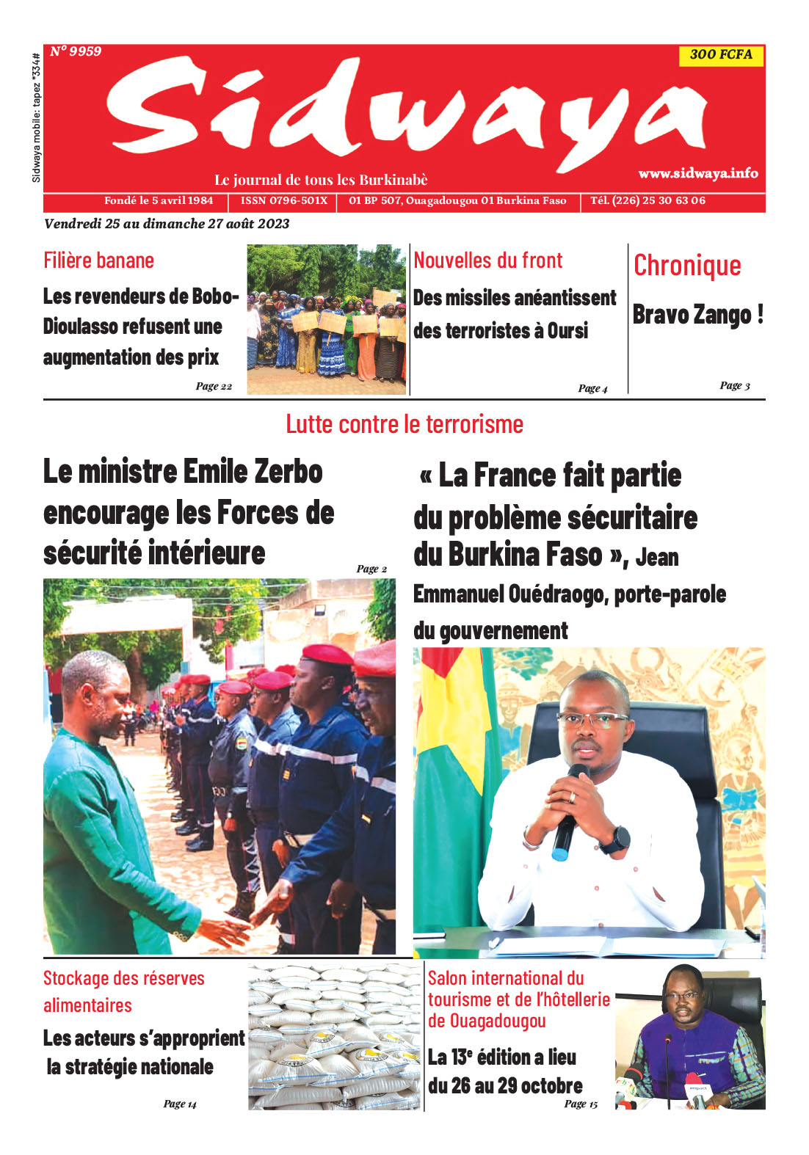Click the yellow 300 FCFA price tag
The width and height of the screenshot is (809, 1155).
[721, 54]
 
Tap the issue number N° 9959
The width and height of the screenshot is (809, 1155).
[76, 51]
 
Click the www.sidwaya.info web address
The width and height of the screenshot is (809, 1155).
[697, 173]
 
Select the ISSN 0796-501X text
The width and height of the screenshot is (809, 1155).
[284, 200]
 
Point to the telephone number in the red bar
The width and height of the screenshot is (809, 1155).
[647, 200]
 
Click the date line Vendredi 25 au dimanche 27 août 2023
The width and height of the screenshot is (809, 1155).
[167, 224]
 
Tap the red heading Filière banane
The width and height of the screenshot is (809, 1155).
[98, 260]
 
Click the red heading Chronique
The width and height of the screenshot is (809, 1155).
[687, 266]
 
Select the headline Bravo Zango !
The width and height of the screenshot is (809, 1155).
[697, 315]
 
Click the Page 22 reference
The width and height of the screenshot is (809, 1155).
[214, 386]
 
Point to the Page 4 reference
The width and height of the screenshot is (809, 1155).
[592, 388]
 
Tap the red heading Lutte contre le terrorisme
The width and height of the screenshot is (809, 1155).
[404, 424]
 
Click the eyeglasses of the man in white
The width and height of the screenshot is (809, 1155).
[592, 720]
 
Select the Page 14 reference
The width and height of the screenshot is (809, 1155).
[180, 1104]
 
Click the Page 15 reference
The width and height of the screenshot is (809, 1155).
[581, 1104]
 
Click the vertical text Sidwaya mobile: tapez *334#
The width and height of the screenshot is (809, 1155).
[36, 117]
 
